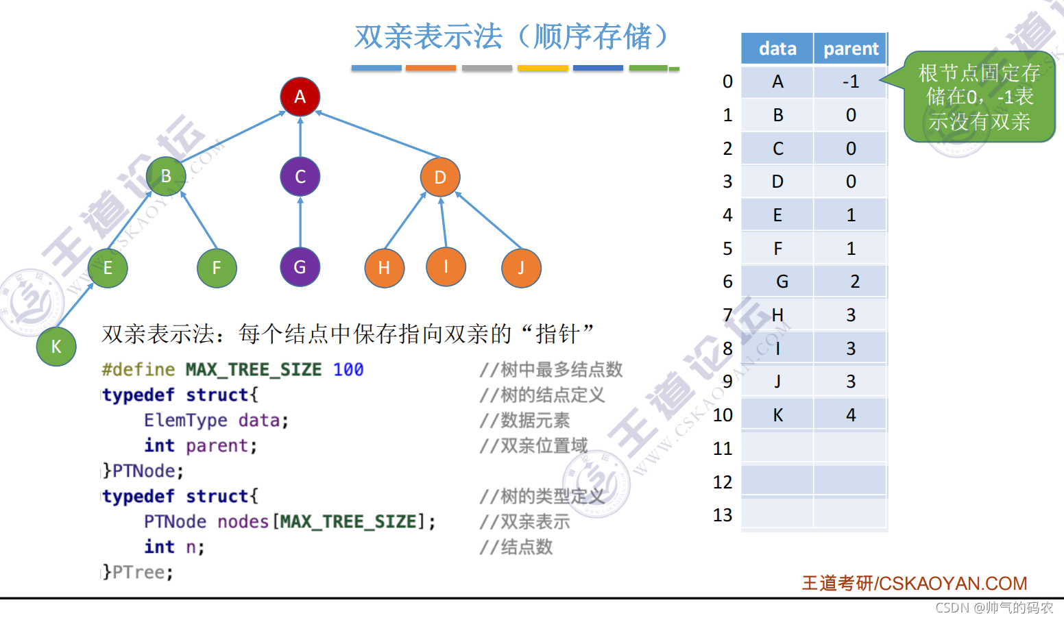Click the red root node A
[300, 97]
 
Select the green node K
[56, 346]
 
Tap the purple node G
[300, 267]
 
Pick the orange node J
[521, 268]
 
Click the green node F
[217, 268]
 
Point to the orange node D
[440, 177]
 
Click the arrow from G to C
[300, 221]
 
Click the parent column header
[850, 49]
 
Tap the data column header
[777, 49]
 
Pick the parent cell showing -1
[850, 82]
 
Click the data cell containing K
[777, 415]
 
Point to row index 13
[723, 515]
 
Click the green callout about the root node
[979, 97]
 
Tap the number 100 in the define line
[348, 370]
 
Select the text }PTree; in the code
[138, 572]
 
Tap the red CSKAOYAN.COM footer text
[914, 583]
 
